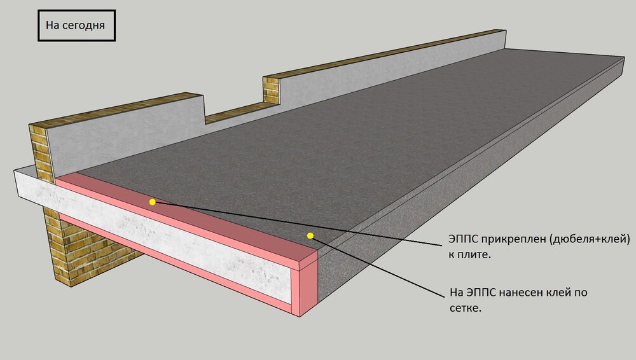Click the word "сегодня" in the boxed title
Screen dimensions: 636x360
[x=85, y=25]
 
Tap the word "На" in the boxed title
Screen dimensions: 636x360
[x=53, y=25]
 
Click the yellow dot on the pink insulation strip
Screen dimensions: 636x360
[x=152, y=202]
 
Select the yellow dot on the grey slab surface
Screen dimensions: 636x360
[x=310, y=235]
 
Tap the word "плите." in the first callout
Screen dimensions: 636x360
[x=474, y=255]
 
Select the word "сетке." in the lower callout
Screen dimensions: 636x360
[x=466, y=308]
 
